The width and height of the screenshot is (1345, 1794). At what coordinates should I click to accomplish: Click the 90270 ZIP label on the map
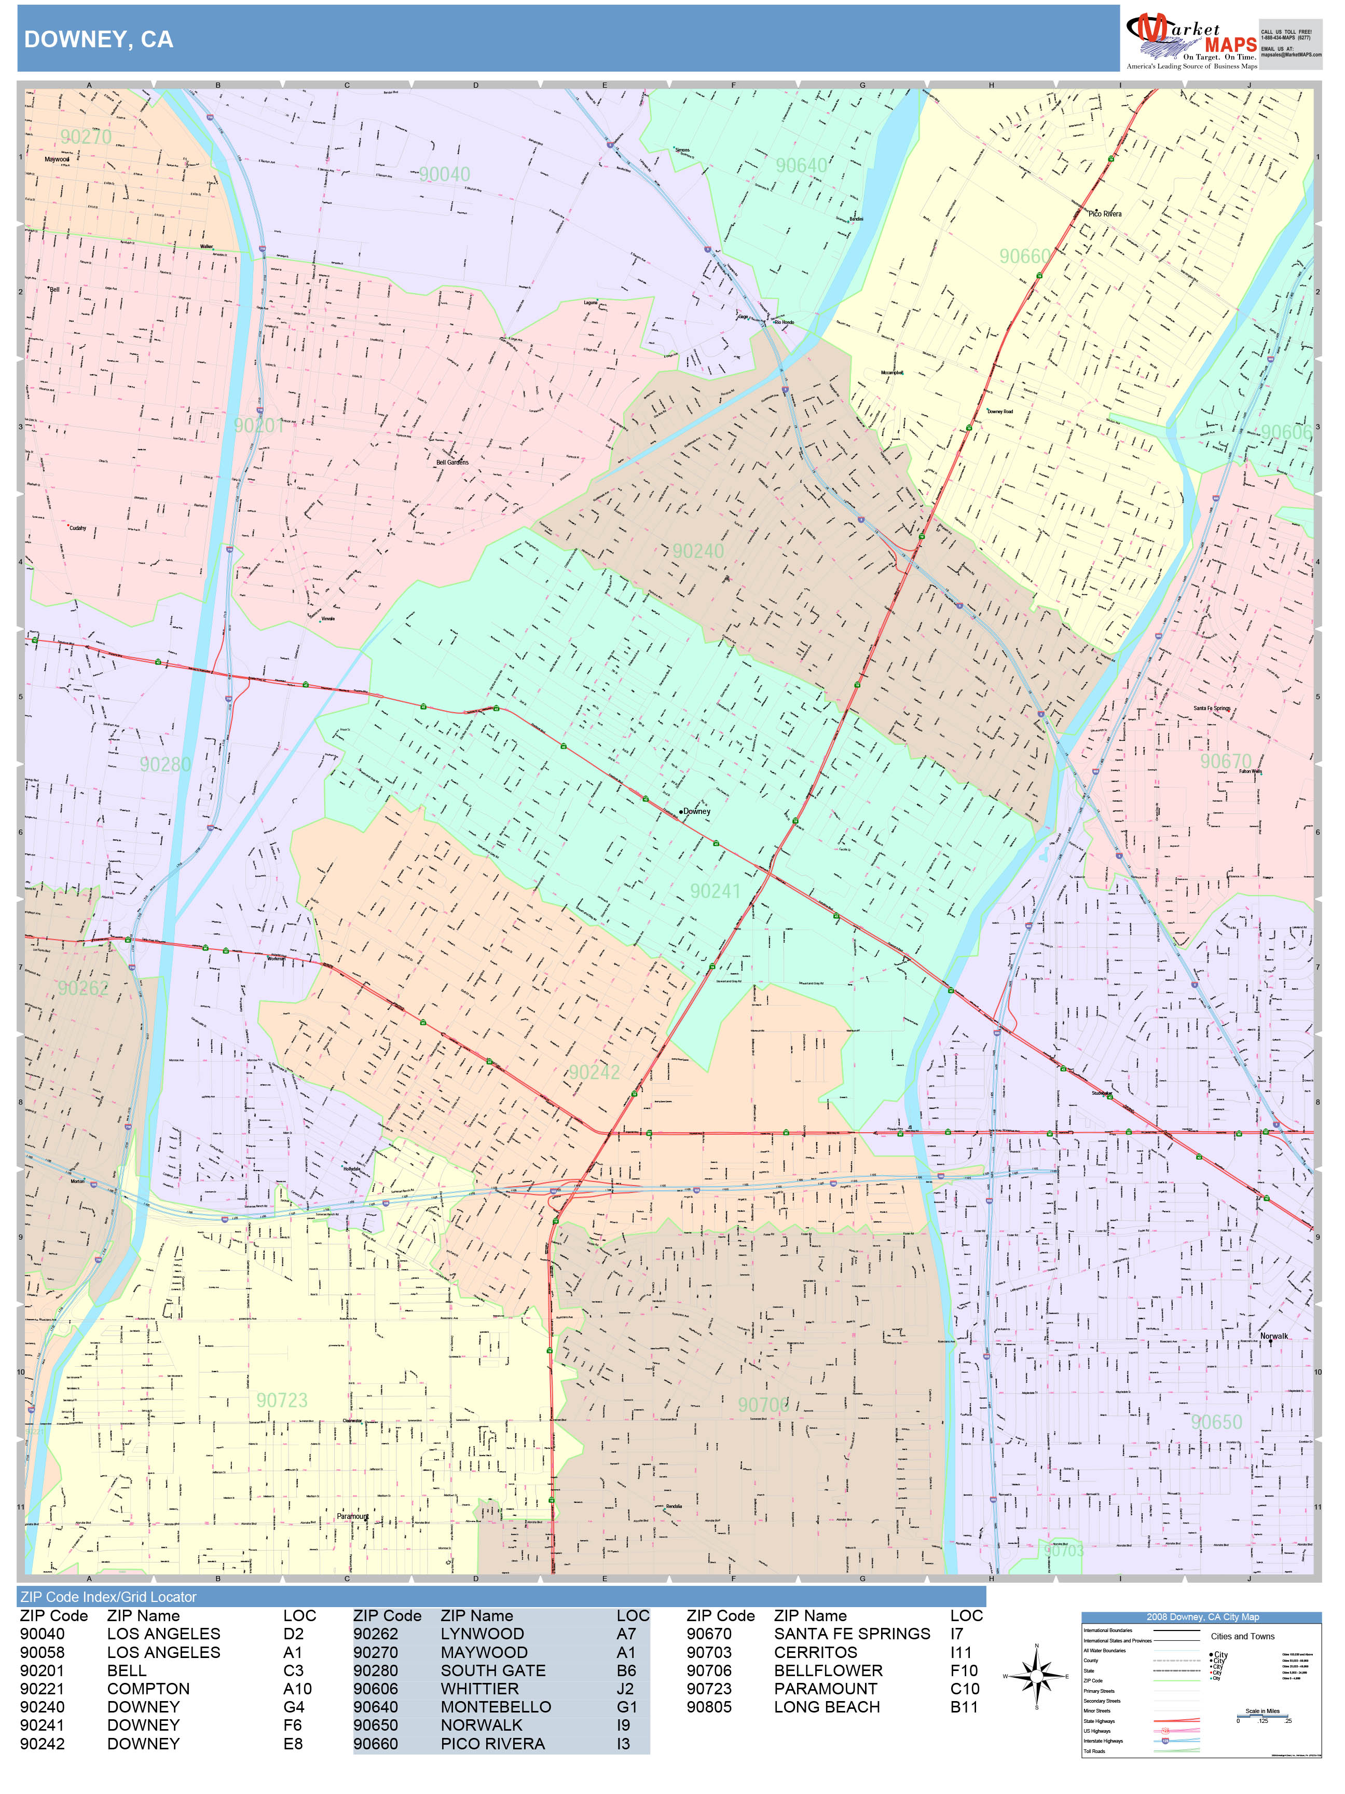coord(86,136)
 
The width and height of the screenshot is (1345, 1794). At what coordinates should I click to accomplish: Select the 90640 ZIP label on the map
coord(801,166)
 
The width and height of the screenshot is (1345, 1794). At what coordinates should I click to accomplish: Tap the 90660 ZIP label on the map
coord(1024,256)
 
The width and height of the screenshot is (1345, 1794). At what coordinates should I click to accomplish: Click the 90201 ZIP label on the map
coord(258,425)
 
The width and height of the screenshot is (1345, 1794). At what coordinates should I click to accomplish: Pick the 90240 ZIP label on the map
coord(697,551)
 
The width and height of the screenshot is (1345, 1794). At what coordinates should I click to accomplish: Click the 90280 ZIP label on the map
coord(164,764)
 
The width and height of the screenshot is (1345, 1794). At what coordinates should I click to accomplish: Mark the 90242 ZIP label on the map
coord(594,1072)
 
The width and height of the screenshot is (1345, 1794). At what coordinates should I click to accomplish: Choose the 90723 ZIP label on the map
coord(282,1400)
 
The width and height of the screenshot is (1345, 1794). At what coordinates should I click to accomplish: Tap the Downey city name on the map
coord(696,811)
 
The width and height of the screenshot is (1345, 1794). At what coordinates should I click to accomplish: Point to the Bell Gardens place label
coord(452,463)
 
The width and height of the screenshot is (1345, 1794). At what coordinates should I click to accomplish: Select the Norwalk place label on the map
coord(1274,1336)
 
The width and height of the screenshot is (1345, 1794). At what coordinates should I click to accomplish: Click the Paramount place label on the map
coord(353,1516)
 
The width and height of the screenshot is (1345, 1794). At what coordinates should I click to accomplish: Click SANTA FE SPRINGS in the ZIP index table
coord(852,1634)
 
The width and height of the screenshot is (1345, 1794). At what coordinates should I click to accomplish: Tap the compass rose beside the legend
coord(1036,1676)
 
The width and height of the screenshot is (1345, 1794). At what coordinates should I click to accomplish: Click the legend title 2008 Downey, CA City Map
coord(1201,1616)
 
